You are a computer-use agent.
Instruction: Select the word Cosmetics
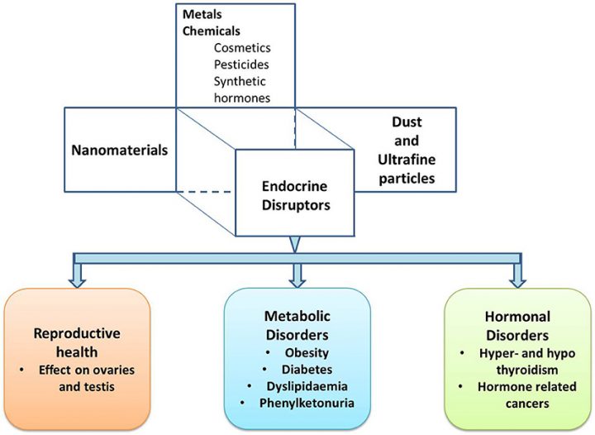[242, 47]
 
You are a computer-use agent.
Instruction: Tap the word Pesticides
[240, 65]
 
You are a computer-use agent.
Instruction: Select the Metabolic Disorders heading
[296, 325]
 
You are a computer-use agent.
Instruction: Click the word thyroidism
[519, 370]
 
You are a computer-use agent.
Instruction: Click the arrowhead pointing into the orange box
[77, 281]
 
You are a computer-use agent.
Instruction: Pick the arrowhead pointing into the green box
[518, 281]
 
